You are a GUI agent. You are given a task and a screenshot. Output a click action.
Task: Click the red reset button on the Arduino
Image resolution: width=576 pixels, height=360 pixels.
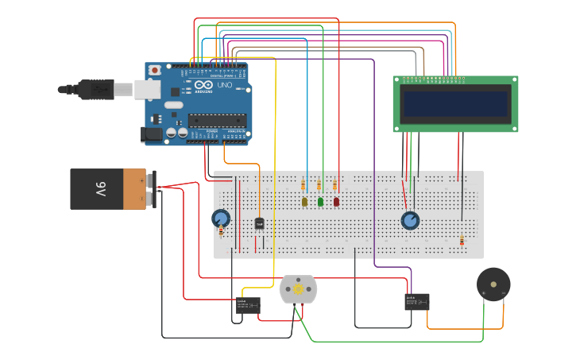(x=155, y=70)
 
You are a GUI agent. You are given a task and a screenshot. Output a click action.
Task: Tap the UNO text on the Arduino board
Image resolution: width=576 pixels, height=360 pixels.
(x=225, y=85)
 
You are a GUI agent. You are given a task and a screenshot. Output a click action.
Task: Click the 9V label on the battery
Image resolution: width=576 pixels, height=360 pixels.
(x=101, y=189)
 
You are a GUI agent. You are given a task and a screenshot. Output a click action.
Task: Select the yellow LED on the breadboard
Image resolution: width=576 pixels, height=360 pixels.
(x=304, y=202)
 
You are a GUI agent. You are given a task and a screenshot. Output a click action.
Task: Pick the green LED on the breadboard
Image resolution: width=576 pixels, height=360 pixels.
(x=320, y=202)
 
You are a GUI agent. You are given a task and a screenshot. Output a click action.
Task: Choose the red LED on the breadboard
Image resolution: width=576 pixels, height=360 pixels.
(x=336, y=202)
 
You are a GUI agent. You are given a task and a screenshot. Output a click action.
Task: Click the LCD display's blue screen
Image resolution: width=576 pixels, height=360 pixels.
(x=455, y=103)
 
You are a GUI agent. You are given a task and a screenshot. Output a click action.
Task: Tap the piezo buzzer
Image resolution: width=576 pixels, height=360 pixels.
(x=493, y=283)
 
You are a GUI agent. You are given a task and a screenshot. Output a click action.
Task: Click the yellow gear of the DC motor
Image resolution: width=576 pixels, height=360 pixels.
(x=298, y=289)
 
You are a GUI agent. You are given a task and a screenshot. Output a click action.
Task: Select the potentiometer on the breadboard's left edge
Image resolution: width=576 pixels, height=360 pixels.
(x=221, y=218)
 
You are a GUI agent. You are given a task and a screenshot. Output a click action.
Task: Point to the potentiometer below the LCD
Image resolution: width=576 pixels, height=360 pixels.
(x=410, y=220)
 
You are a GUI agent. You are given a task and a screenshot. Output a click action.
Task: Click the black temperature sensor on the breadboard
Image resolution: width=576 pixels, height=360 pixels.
(x=259, y=223)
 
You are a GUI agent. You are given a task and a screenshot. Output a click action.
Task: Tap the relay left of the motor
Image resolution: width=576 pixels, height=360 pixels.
(x=248, y=305)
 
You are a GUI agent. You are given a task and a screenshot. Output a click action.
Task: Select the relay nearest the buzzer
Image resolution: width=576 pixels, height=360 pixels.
(x=417, y=301)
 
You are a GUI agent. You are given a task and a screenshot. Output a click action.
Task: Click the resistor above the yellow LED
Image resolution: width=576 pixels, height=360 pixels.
(x=303, y=185)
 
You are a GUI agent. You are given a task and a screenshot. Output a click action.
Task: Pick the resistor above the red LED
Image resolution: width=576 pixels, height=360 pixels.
(x=335, y=185)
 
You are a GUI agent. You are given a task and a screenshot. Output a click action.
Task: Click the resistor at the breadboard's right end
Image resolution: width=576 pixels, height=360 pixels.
(x=462, y=240)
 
